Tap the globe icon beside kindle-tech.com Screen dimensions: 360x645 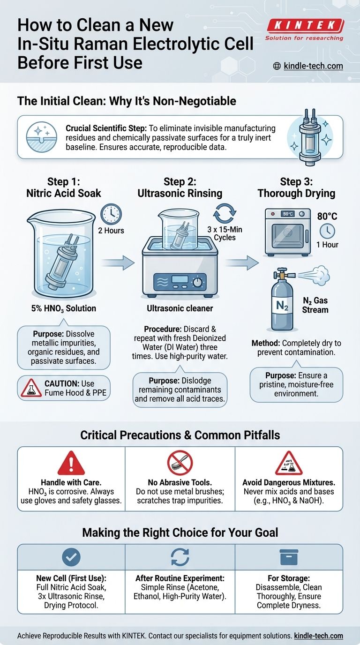point(277,66)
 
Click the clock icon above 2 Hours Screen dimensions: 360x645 point(111,214)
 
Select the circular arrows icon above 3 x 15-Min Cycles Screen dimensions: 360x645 point(225,214)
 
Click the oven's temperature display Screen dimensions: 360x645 point(287,214)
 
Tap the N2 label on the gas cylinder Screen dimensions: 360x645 point(282,305)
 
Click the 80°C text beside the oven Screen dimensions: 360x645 point(327,216)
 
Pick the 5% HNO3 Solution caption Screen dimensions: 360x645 point(64,308)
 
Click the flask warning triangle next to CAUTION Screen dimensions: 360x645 point(30,387)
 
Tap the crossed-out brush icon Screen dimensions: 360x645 point(180,463)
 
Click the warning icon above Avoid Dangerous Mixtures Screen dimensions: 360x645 point(289,464)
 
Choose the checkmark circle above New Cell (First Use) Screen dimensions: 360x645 point(71,557)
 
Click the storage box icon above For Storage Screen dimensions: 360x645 point(289,557)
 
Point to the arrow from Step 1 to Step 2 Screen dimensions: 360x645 point(118,262)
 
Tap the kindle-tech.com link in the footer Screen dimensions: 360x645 point(319,636)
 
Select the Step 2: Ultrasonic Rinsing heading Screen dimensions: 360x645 point(180,187)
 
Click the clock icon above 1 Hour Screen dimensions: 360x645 point(327,231)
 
